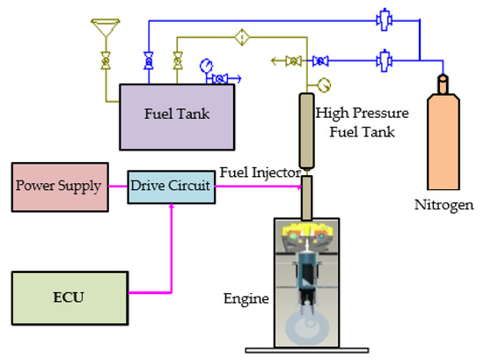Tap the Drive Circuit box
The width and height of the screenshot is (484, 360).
[171, 187]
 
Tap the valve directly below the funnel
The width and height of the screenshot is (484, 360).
[106, 61]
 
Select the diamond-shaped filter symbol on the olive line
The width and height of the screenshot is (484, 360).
[239, 37]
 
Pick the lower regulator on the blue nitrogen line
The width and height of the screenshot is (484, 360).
[383, 61]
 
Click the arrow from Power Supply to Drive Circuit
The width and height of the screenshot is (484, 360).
[116, 187]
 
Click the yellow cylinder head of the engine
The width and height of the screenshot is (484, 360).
[307, 235]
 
